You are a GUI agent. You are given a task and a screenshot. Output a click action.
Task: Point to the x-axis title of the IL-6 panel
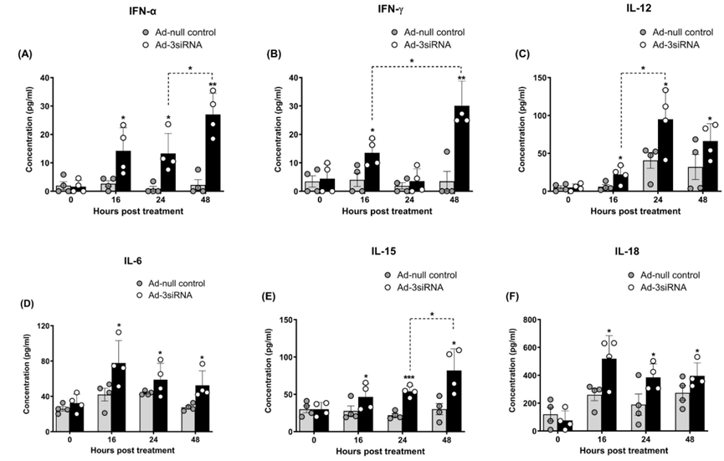click(x=123, y=451)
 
